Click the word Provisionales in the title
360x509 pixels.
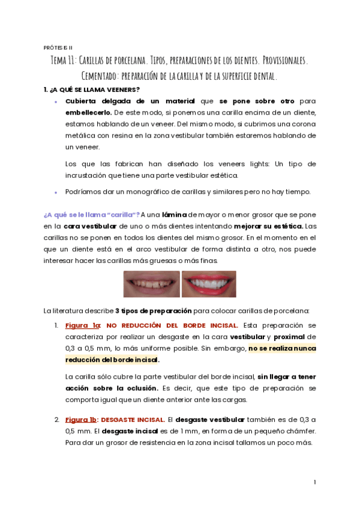(279, 61)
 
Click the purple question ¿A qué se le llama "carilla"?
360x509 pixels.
(92, 214)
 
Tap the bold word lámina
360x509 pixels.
(175, 214)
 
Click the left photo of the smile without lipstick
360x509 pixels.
(151, 284)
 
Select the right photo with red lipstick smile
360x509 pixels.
(209, 284)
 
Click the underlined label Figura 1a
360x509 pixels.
(82, 325)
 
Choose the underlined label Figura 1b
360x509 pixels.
(82, 420)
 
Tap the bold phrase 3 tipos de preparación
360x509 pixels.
(154, 311)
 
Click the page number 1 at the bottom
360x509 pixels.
(315, 482)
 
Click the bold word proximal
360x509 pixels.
(290, 337)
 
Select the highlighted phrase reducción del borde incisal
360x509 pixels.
(112, 360)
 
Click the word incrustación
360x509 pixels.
(88, 175)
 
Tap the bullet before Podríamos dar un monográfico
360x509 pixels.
(55, 193)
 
